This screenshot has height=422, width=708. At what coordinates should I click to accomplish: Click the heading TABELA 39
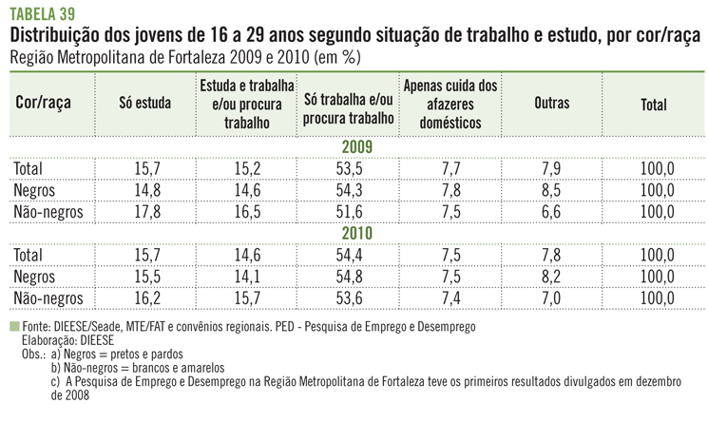pos(44,13)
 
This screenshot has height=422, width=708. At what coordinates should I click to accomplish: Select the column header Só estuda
pos(146,105)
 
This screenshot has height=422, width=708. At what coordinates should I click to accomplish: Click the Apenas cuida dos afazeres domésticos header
pos(450,105)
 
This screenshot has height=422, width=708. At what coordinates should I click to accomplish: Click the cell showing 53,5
pos(349,169)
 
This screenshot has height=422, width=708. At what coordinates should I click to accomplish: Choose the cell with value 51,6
pos(349,211)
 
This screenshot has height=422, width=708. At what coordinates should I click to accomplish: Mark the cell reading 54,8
pos(349,277)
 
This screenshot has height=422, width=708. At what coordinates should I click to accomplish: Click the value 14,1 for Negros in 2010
pos(247,277)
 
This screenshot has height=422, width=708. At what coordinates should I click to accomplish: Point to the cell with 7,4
pos(450,297)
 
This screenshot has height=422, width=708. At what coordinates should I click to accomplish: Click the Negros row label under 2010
pos(36,277)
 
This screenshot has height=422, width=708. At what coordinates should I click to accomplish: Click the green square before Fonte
pos(13,325)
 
